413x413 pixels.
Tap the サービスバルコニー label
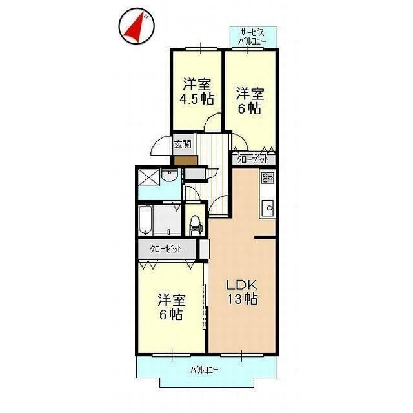click(253, 36)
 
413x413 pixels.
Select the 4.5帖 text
click(197, 99)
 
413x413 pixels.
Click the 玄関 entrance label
click(183, 144)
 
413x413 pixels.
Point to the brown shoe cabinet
click(185, 159)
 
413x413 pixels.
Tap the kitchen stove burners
click(268, 177)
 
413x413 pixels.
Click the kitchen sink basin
click(268, 207)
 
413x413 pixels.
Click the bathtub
click(145, 221)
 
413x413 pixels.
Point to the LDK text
click(242, 285)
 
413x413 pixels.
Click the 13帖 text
click(242, 299)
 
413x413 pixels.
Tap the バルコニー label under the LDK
click(205, 370)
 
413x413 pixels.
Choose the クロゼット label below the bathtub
click(166, 248)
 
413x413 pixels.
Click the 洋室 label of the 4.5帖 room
click(197, 84)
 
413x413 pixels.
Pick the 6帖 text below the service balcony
click(250, 108)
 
